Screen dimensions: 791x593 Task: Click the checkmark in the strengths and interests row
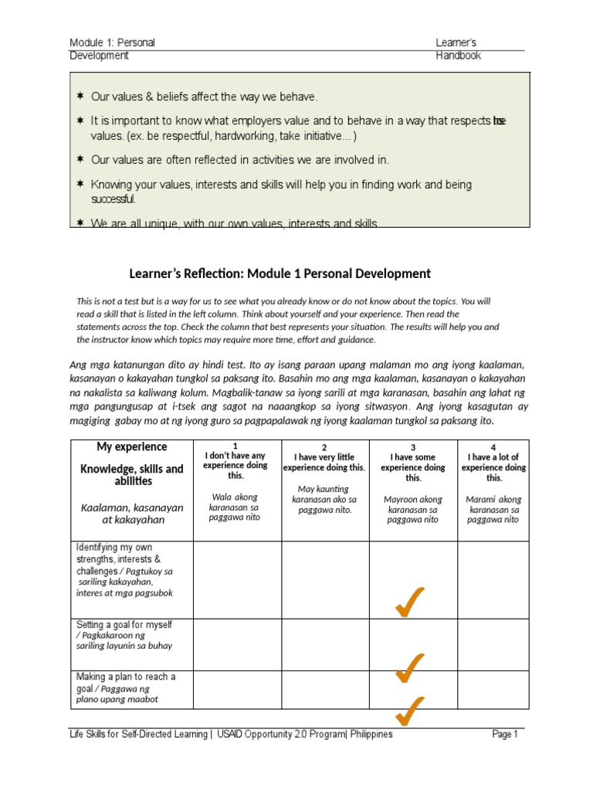(409, 603)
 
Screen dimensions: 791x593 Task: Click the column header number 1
(235, 447)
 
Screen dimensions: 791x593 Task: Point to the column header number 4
(493, 447)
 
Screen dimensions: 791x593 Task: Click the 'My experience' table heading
(131, 447)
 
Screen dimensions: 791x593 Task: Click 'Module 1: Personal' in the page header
(112, 42)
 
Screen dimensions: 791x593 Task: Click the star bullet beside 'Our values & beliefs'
(80, 97)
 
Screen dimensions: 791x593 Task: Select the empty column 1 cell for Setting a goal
(236, 644)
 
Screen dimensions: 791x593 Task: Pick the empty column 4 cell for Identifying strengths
(493, 580)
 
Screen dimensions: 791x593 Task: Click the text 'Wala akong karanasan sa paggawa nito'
(235, 507)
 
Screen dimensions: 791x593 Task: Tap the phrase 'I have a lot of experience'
(493, 462)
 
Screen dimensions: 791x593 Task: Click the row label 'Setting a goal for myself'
(124, 624)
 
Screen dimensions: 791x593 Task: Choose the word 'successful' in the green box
(114, 199)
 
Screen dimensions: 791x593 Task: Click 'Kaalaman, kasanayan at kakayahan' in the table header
(132, 514)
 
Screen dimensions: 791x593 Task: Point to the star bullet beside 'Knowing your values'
(80, 185)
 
